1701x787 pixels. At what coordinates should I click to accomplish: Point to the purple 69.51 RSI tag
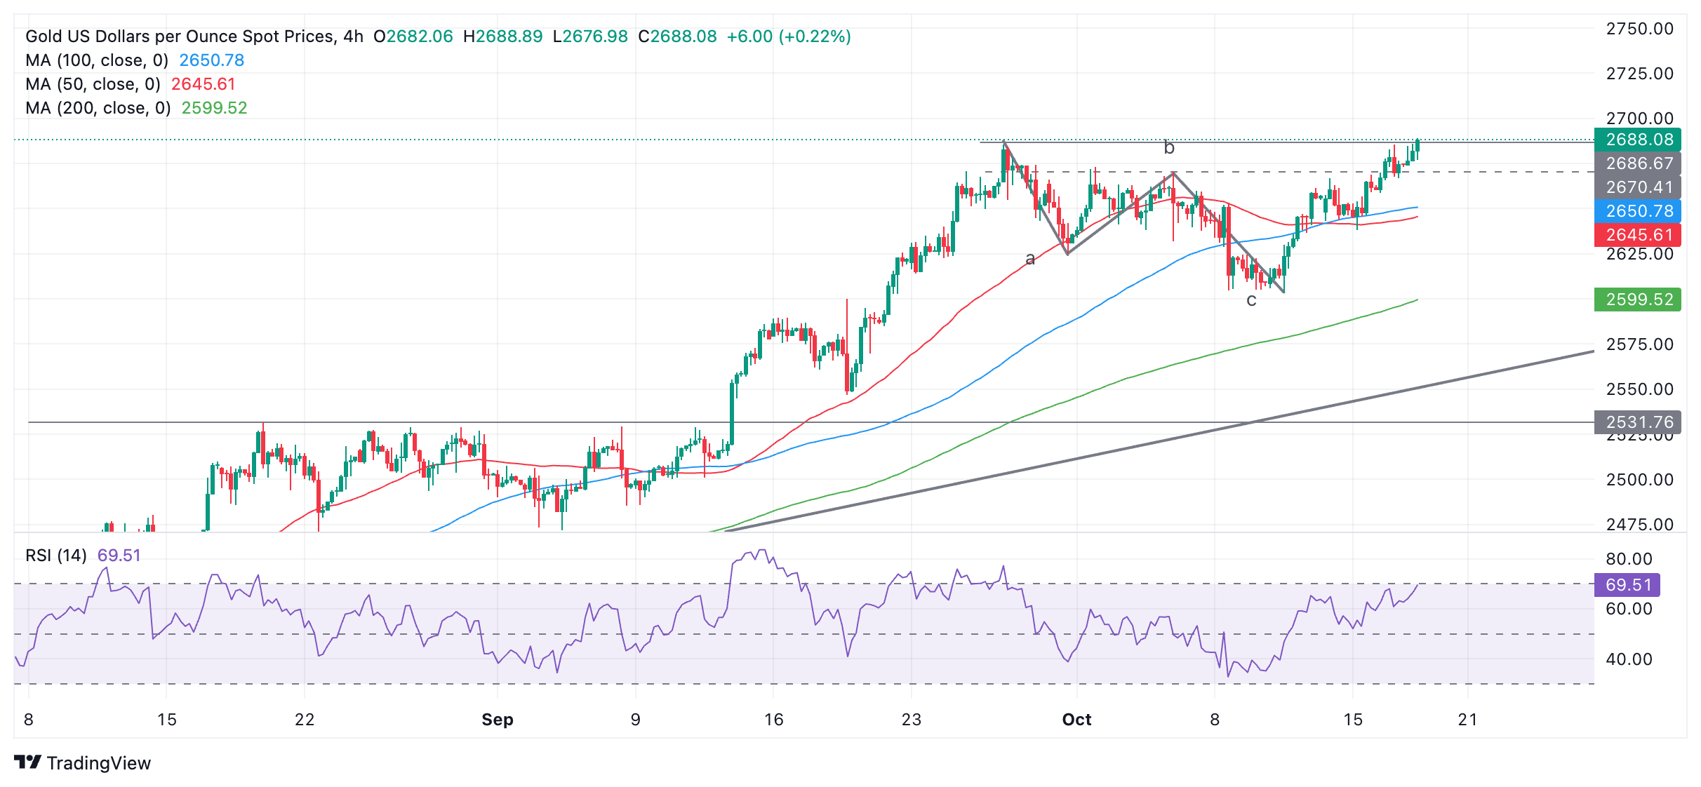[x=1627, y=585]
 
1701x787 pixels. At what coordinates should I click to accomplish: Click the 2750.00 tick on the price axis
[x=1639, y=29]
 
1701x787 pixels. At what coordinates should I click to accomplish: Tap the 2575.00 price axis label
[x=1639, y=344]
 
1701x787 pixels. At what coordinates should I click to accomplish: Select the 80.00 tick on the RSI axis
[x=1628, y=559]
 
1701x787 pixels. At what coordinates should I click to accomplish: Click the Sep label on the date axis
[x=498, y=720]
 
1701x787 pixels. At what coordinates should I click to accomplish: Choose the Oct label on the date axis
[x=1076, y=720]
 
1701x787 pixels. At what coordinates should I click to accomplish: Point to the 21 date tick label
[x=1467, y=720]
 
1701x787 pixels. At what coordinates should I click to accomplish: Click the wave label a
[x=1030, y=259]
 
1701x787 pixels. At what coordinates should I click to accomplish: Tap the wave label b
[x=1169, y=148]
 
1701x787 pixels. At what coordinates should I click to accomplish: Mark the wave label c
[x=1251, y=301]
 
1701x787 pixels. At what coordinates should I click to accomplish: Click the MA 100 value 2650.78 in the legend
[x=211, y=60]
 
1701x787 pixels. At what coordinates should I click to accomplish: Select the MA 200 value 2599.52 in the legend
[x=214, y=108]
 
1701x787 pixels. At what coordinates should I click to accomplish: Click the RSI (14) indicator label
[x=56, y=556]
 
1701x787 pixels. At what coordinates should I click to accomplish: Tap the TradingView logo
[x=83, y=763]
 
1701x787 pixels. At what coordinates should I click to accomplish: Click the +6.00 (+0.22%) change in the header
[x=788, y=36]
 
